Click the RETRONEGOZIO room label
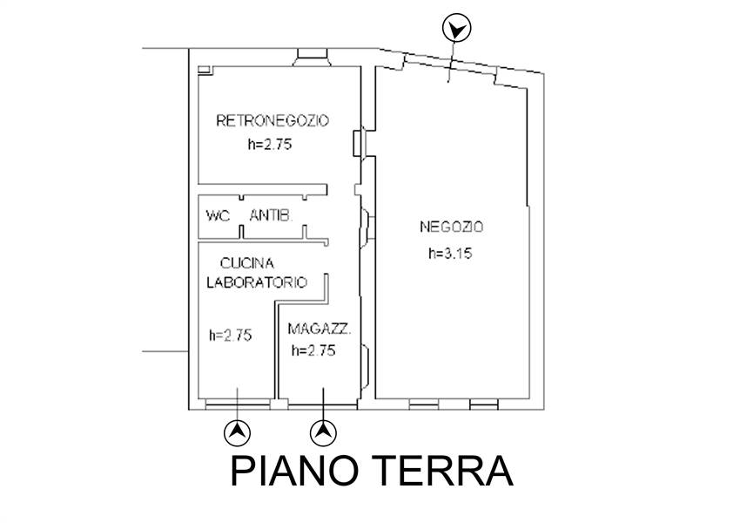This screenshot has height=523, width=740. (272, 120)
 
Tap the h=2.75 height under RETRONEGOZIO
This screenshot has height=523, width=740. (270, 144)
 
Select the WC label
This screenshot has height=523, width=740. (218, 216)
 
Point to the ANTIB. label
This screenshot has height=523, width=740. (271, 216)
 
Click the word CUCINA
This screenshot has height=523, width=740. (247, 263)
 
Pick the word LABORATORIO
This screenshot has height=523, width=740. (257, 282)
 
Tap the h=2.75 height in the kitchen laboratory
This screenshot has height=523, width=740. (231, 336)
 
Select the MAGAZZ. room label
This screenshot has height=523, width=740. (320, 329)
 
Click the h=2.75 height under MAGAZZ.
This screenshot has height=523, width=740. (313, 350)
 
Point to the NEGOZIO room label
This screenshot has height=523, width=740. (452, 228)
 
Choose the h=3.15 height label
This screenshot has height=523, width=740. (450, 254)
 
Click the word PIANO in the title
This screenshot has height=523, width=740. (295, 471)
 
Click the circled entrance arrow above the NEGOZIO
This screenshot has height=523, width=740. (456, 28)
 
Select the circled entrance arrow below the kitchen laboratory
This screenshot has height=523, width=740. (237, 431)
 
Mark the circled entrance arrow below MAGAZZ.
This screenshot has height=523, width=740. (323, 431)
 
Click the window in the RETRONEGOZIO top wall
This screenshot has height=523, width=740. (312, 58)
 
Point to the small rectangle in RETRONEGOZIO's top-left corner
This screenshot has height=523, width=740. (204, 70)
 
